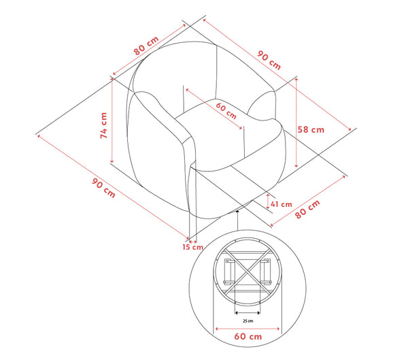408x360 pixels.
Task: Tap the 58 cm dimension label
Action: tap(311, 129)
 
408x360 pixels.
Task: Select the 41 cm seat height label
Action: tap(281, 203)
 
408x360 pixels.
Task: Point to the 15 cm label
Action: tap(192, 247)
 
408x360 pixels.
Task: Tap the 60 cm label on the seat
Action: tap(227, 110)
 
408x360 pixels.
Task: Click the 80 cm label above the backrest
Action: tap(146, 45)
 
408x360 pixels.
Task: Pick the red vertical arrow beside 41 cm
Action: tap(267, 203)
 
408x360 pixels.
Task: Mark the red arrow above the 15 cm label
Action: tap(193, 238)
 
